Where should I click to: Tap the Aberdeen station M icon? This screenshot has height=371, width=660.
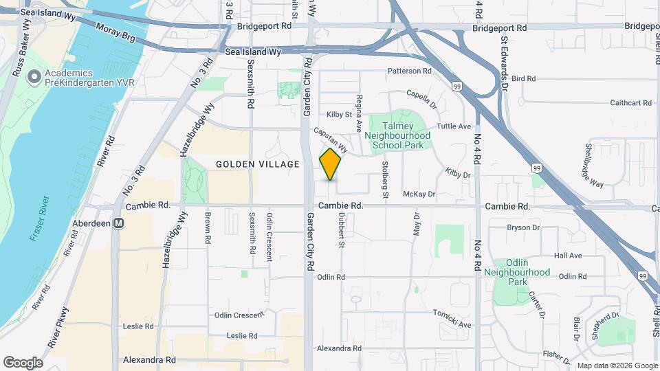pos(119,223)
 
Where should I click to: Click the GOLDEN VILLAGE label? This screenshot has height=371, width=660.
pos(258,164)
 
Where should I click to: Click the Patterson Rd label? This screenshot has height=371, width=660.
pos(409,71)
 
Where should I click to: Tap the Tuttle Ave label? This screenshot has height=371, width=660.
pos(454,126)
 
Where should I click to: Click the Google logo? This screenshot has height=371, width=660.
pos(23,362)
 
